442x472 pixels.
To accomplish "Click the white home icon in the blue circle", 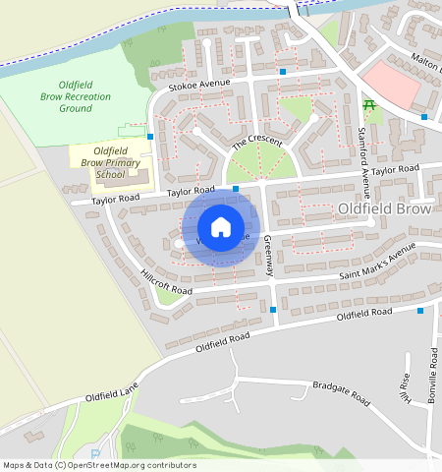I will (221, 227).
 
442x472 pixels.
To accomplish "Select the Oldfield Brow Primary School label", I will (110, 161).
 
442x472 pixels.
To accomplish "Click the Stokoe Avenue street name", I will (199, 85).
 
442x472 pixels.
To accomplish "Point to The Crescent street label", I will (256, 144).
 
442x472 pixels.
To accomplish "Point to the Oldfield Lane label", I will (112, 395).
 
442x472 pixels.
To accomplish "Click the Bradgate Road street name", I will (340, 393).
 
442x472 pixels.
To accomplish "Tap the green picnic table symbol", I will (369, 104).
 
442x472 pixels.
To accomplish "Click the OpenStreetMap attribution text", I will (99, 465).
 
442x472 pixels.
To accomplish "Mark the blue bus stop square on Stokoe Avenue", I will (283, 72).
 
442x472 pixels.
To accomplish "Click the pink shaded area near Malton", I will (390, 84).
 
